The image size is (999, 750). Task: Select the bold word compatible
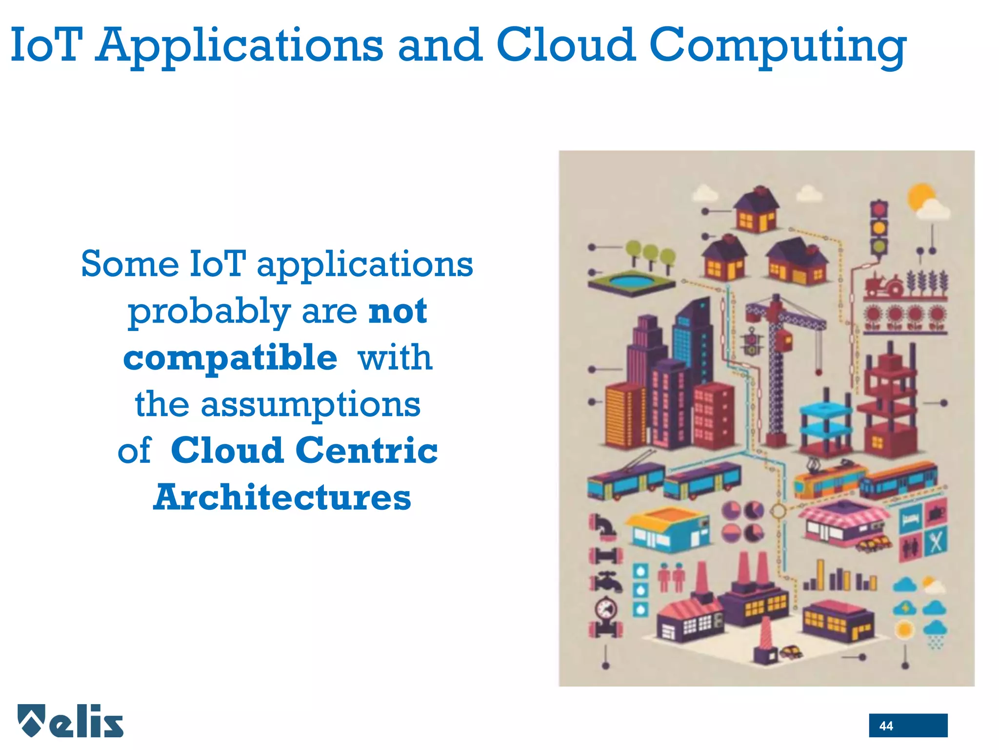pos(230,358)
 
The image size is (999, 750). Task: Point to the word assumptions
pos(311,405)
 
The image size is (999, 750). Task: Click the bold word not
pos(398,311)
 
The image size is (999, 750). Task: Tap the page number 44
pos(886,726)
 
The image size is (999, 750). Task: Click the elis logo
pos(71,721)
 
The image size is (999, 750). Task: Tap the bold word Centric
pos(366,451)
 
